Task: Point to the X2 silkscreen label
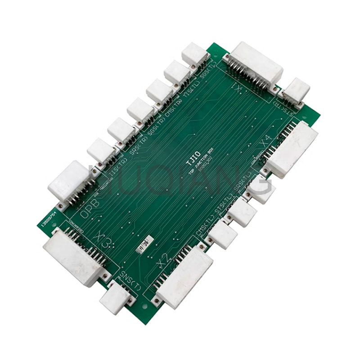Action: pyautogui.click(x=163, y=260)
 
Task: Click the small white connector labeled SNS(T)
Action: pyautogui.click(x=116, y=297)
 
